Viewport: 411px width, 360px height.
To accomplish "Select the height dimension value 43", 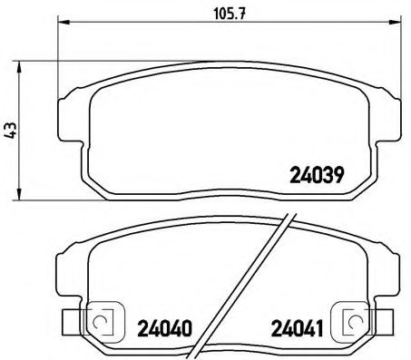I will tap(10, 129).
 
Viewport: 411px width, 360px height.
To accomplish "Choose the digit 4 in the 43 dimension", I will tap(10, 133).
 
